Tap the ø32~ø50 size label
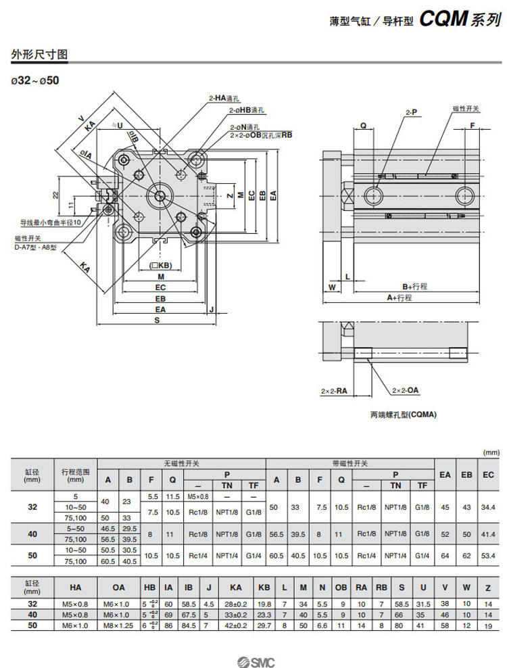coord(35,80)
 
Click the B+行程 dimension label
coord(414,286)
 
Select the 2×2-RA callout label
coord(333,390)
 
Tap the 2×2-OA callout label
coord(406,390)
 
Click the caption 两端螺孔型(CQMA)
coord(403,414)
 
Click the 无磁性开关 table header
coord(182,463)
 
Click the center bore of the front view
coord(160,196)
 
